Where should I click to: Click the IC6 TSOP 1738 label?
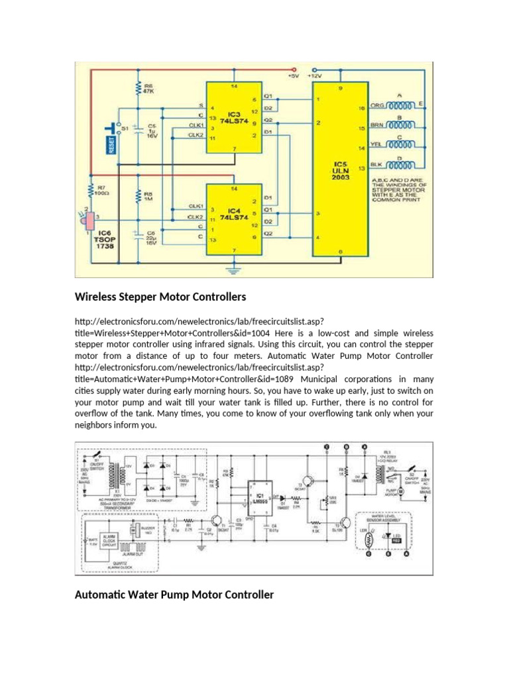click(104, 240)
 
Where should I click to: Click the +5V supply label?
click(294, 76)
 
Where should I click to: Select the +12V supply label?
click(317, 76)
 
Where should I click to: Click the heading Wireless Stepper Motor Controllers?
click(160, 295)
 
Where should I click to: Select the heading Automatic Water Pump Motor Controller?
click(174, 595)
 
